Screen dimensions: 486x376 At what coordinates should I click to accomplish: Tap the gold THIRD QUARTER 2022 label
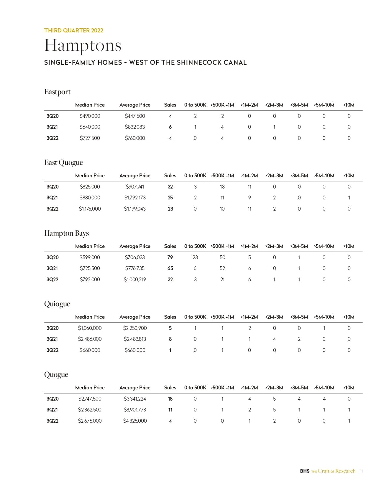tap(74, 30)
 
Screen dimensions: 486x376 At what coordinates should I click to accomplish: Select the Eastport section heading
tap(58, 92)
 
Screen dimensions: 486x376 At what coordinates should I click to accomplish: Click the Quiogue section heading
tap(57, 304)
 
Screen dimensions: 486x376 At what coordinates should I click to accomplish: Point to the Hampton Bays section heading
tap(67, 233)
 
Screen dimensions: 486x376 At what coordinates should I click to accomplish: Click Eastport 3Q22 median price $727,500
tap(90, 138)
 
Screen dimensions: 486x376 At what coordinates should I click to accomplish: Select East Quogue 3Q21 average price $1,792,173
tap(135, 198)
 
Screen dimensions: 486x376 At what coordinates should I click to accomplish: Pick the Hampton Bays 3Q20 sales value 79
tap(170, 257)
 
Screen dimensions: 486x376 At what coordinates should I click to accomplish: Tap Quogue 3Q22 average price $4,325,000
tap(135, 421)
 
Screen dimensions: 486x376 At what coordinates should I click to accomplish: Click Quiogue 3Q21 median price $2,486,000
tap(90, 339)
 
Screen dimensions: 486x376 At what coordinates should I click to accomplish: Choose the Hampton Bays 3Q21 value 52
tap(222, 268)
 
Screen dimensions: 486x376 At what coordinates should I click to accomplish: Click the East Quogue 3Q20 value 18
tap(222, 187)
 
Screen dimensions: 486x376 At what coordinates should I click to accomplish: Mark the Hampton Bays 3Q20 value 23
tap(195, 257)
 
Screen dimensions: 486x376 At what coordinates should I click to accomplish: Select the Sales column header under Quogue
tap(170, 388)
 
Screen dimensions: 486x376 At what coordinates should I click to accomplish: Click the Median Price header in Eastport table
tap(90, 105)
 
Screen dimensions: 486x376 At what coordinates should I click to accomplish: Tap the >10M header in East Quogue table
tap(349, 176)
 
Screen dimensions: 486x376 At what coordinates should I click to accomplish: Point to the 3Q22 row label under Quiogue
tap(52, 350)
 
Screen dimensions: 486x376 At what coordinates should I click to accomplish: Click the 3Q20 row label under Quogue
tap(52, 399)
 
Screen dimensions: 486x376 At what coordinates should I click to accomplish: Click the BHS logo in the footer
tap(305, 471)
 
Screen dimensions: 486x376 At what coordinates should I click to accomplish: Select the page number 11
tap(361, 471)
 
